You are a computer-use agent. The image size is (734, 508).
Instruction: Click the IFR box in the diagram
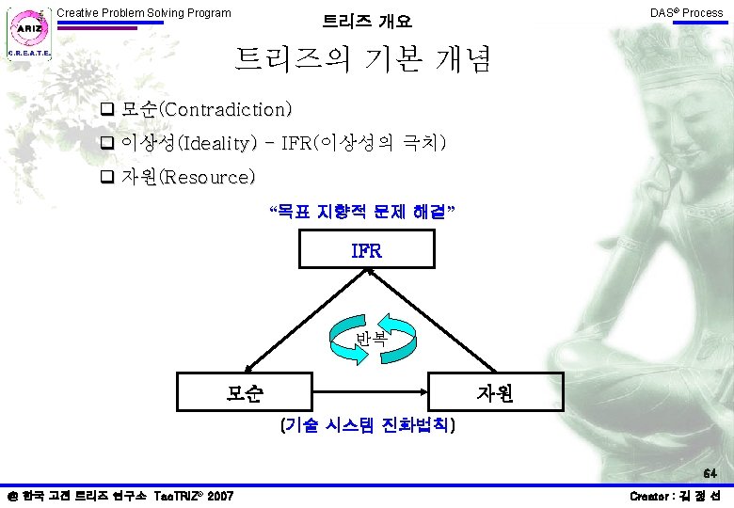coord(367,249)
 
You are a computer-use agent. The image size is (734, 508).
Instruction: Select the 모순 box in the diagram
coord(245,392)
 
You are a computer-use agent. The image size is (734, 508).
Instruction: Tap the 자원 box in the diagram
coord(496,392)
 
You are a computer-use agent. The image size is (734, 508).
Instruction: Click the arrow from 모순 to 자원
coord(370,392)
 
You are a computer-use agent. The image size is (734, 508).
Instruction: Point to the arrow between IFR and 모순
coord(307,321)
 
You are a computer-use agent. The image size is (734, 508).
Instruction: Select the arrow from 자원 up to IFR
coord(431,321)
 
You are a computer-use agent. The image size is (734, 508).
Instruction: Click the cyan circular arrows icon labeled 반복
coord(372,339)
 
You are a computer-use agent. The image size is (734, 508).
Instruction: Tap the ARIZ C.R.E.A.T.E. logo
coord(29,34)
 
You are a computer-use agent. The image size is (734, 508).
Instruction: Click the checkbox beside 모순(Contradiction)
coord(107,109)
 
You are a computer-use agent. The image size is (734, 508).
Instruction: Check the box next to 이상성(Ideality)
coord(107,143)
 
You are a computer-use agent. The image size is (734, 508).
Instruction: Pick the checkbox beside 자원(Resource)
coord(107,176)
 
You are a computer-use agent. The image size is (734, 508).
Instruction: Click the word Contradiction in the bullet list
coord(225,109)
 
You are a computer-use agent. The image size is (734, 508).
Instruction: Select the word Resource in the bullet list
coord(207,177)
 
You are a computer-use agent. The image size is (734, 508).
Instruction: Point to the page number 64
coord(710,473)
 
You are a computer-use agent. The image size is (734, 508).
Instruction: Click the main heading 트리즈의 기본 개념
coord(362,59)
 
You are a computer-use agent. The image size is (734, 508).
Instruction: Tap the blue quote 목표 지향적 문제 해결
coord(362,212)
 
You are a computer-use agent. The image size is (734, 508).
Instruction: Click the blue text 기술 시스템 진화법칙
coord(367,424)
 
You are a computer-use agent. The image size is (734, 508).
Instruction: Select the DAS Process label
coord(687,13)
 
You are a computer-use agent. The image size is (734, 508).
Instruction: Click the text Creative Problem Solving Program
coord(144,13)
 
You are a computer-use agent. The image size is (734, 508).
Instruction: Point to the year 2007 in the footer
coord(220,496)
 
